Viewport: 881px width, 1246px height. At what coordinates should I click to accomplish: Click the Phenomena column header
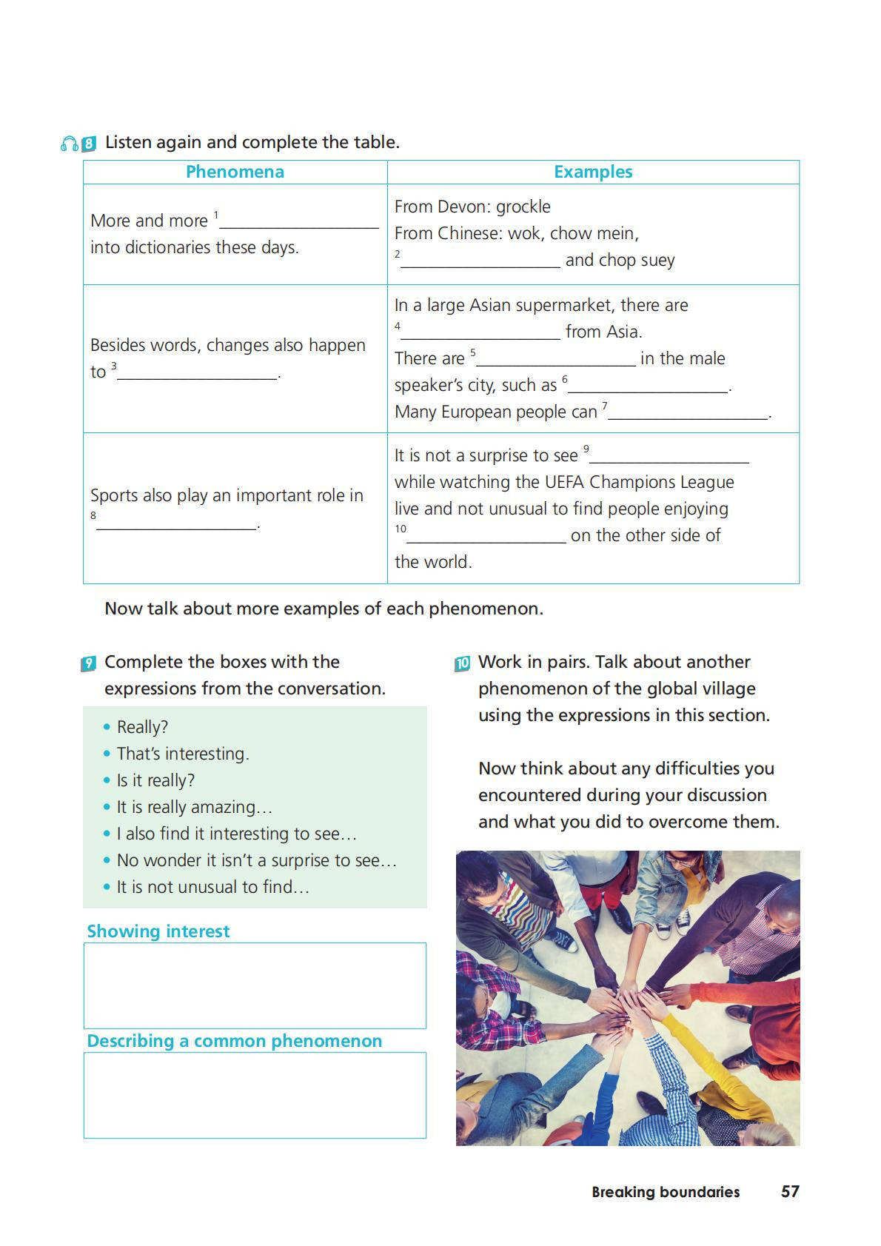coord(235,172)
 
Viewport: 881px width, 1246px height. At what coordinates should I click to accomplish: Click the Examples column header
coord(593,172)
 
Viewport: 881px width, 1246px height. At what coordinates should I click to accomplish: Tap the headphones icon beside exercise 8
coord(69,144)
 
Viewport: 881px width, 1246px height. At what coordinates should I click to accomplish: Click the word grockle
coord(523,207)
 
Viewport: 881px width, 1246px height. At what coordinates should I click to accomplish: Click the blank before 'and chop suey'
coord(480,261)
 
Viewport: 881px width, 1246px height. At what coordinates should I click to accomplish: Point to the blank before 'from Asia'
coord(480,333)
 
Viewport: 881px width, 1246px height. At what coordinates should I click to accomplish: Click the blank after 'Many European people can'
coord(688,413)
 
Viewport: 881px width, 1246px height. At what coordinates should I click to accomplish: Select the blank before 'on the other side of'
coord(486,537)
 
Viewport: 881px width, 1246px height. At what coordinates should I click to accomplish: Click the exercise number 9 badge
coord(88,663)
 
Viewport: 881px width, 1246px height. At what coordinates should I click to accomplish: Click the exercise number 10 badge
coord(463,663)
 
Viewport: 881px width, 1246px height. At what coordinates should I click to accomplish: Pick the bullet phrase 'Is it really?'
coord(155,780)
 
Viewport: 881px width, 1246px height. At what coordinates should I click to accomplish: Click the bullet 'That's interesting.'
coord(183,754)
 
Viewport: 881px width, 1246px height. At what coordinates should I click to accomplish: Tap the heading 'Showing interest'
coord(158,931)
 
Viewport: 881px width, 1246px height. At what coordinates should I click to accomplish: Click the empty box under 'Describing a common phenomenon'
coord(255,1095)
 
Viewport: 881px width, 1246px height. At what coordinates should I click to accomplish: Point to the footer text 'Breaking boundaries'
coord(666,1192)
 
